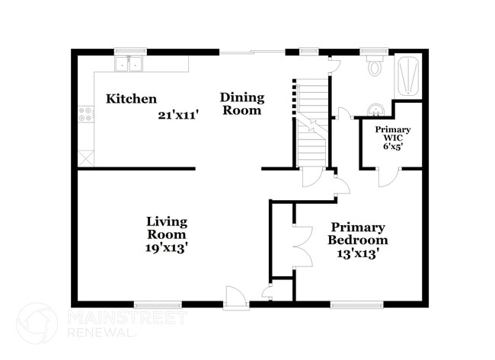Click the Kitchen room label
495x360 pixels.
[x=131, y=99]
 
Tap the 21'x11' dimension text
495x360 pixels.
[x=178, y=115]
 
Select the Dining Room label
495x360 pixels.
[x=242, y=104]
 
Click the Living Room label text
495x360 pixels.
[x=167, y=228]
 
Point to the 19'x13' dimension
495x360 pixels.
[x=167, y=247]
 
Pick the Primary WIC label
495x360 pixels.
[x=392, y=134]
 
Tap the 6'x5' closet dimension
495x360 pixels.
[x=392, y=145]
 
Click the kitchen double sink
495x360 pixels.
[x=129, y=64]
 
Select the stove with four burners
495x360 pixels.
[x=85, y=115]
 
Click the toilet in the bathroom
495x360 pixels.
[x=375, y=67]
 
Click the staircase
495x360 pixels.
[x=311, y=122]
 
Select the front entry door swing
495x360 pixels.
[x=236, y=295]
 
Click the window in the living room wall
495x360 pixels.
[x=158, y=304]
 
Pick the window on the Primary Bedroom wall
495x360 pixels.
[x=356, y=304]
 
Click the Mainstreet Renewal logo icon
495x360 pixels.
[x=37, y=323]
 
